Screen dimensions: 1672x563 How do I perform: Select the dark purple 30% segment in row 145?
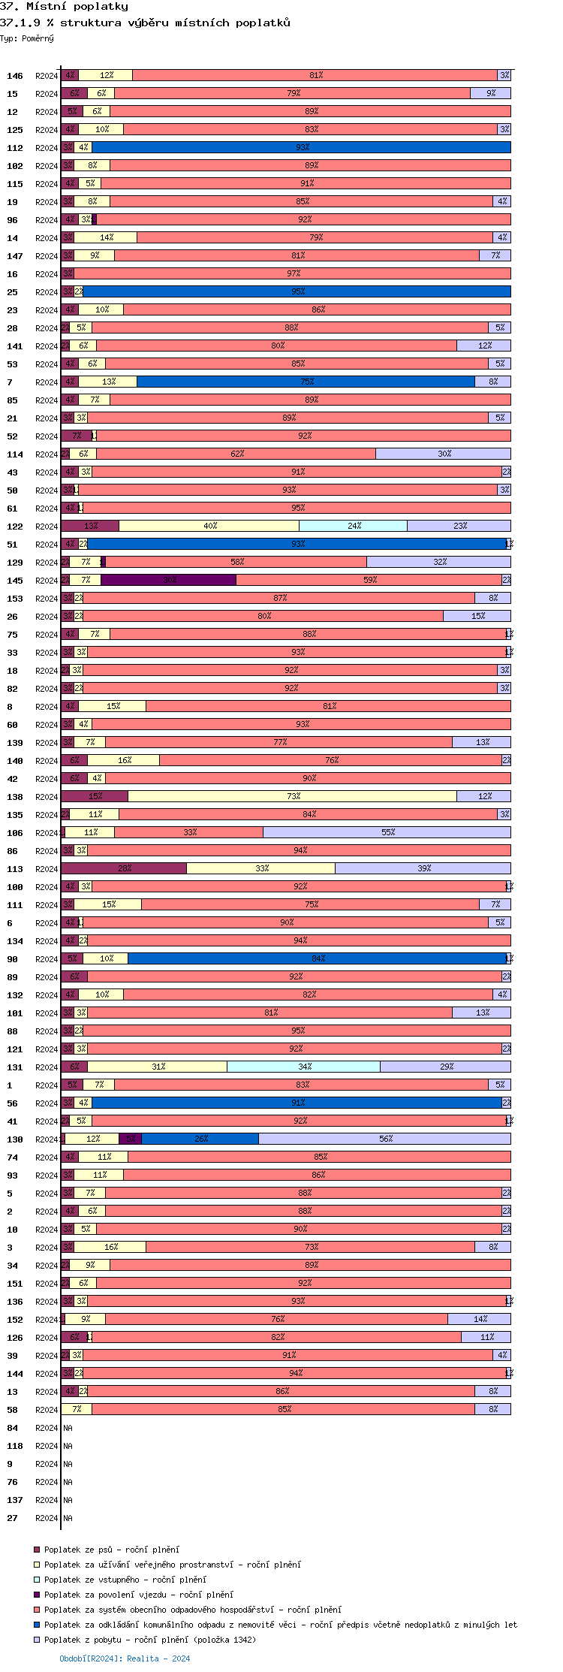click(169, 580)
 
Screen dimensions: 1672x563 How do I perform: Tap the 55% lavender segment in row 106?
click(387, 832)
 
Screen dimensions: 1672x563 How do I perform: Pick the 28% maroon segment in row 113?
click(124, 868)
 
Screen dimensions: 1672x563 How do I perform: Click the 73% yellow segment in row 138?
click(292, 796)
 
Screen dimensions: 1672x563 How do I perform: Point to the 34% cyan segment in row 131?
click(303, 1067)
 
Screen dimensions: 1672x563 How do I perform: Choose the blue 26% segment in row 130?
click(200, 1139)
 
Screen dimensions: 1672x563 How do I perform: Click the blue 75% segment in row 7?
click(306, 382)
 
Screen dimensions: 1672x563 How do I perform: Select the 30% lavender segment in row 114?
click(443, 454)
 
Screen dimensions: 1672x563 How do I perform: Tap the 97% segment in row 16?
click(292, 273)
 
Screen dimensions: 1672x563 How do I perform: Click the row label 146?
click(15, 76)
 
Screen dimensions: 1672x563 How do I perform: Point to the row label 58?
click(13, 1410)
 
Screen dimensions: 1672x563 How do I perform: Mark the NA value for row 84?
click(68, 1428)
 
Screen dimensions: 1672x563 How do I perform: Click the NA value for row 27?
click(68, 1518)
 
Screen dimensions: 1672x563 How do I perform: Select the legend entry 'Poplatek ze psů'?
click(111, 1550)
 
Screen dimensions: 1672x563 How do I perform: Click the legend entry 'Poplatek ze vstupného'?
click(125, 1580)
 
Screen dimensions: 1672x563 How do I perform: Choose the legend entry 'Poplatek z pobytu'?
click(149, 1640)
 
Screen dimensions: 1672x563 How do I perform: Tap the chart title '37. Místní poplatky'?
click(64, 7)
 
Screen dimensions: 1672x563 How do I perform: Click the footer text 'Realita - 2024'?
click(158, 1658)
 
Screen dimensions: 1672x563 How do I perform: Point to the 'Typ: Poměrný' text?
click(27, 38)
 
